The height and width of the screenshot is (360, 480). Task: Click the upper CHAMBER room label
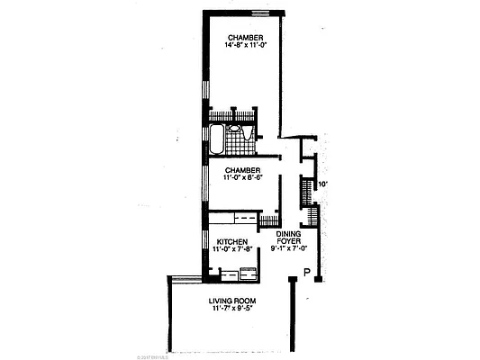[245, 37]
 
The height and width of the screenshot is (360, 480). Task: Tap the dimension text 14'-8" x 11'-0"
[245, 46]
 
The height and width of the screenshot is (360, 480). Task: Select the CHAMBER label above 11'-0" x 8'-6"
[243, 169]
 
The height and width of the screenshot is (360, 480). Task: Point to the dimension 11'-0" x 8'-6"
[243, 178]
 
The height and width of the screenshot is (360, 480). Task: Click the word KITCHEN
[231, 241]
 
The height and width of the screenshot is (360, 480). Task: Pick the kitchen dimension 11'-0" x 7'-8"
[231, 250]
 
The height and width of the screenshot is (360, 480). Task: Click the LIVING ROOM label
[233, 301]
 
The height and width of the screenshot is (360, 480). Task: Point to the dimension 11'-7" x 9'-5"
[233, 310]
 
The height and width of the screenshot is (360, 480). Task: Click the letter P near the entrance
[307, 273]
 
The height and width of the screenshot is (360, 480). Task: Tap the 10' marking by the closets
[322, 185]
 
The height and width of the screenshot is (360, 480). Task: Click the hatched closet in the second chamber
[269, 220]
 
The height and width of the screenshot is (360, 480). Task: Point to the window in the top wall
[263, 13]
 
